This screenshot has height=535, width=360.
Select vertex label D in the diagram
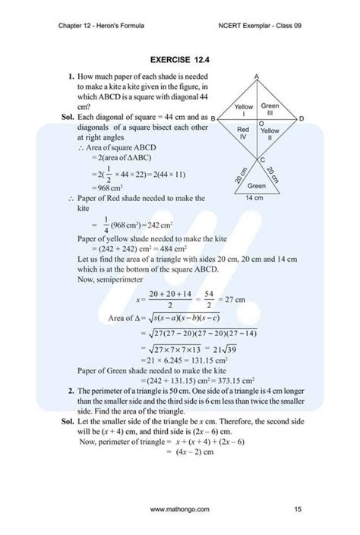coord(302,119)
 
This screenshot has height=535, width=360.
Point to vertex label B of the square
coord(213,119)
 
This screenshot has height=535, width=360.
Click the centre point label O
coord(262,123)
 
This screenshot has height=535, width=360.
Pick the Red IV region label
coord(244,136)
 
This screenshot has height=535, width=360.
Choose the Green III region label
coord(271,109)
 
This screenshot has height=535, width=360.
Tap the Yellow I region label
coord(244,110)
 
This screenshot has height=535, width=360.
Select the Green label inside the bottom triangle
coord(257,186)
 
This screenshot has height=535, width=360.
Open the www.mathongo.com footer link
coord(179,508)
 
